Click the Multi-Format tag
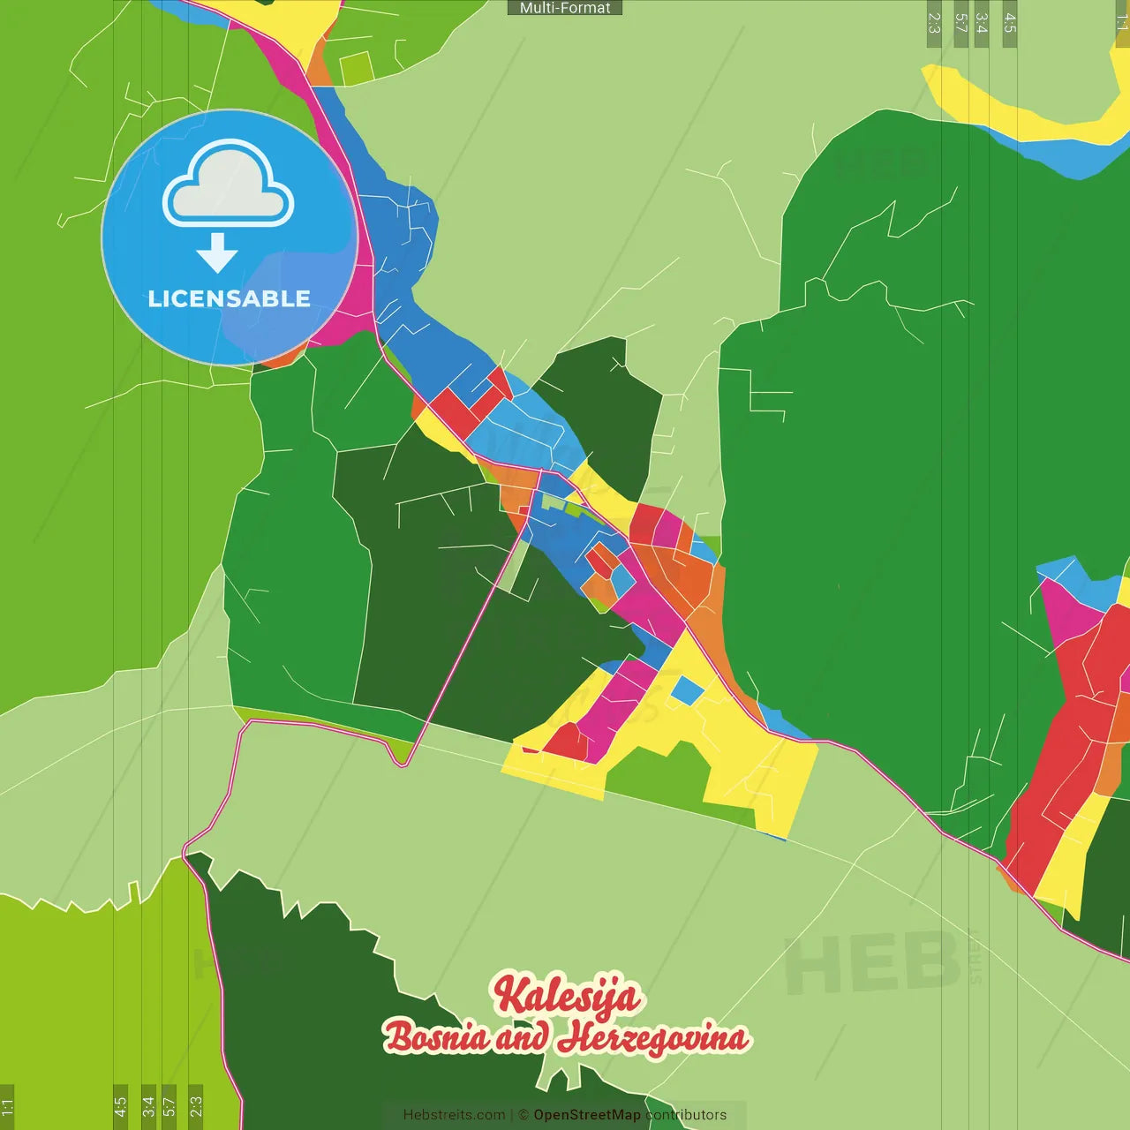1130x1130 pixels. coord(565,8)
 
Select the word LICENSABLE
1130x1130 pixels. coord(229,299)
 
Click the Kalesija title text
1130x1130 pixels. coord(566,994)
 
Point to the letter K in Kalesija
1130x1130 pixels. coord(509,992)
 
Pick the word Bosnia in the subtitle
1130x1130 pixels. coord(436,1036)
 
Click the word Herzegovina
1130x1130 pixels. coord(655,1038)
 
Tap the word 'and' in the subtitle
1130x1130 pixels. coord(523,1038)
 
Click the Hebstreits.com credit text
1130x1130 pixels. coord(454,1115)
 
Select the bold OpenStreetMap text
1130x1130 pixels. coord(587,1115)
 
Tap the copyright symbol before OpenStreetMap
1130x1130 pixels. coord(524,1115)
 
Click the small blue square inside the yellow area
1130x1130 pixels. coord(687,689)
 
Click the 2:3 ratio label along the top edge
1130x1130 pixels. coord(934,23)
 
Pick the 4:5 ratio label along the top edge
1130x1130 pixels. coord(1010,23)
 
